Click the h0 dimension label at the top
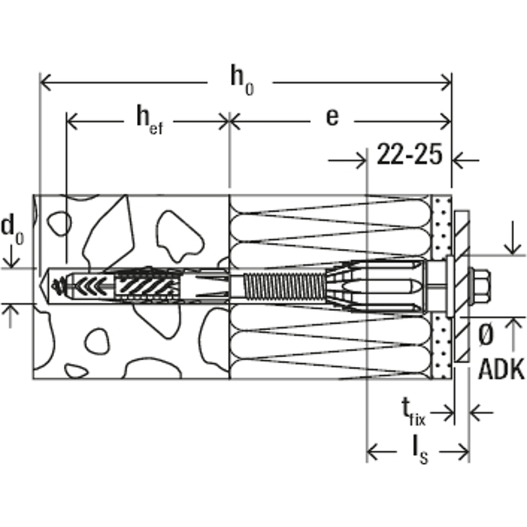(241, 80)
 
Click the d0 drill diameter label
(12, 229)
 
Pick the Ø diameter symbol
(485, 336)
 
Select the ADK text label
(501, 370)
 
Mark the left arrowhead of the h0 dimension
(46, 82)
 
